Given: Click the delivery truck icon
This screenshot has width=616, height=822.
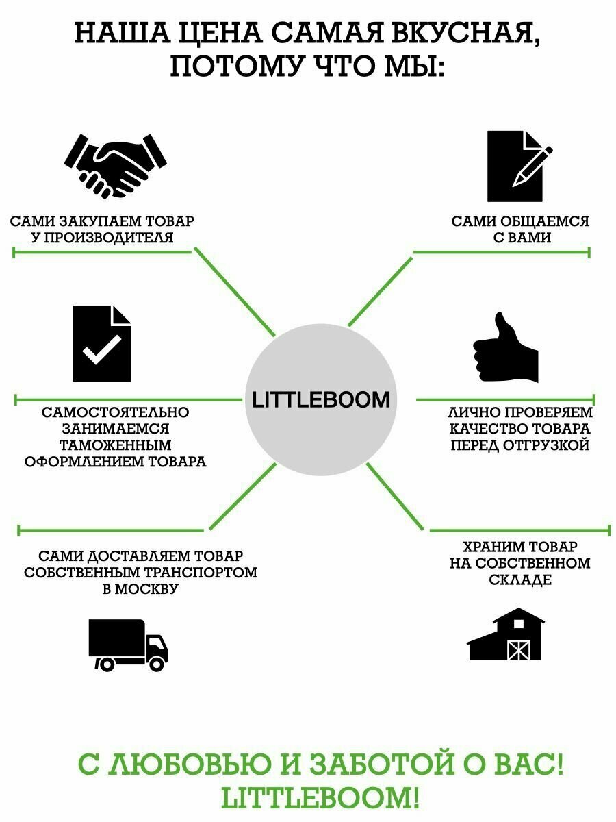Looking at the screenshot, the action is [x=127, y=645].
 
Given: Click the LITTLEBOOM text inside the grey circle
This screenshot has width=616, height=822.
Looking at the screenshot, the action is [x=321, y=400].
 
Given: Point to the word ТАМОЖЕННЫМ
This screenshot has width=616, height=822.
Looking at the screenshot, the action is [x=116, y=445].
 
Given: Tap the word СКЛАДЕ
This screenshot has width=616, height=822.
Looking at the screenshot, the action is [x=520, y=580].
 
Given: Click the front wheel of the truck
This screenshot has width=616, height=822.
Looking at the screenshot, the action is [x=157, y=662].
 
